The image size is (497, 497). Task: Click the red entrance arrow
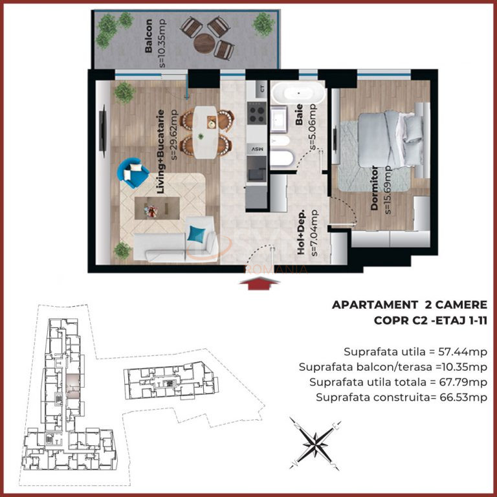point(260,283)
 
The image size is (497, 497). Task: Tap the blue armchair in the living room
point(133,173)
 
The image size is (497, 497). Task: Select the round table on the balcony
point(204,43)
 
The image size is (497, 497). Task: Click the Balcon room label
point(148,36)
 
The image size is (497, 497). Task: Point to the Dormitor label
point(374,188)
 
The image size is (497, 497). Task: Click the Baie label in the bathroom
point(299,115)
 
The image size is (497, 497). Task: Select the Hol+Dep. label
point(301,232)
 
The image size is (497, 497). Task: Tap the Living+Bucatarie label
point(160,151)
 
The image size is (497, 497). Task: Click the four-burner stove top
point(257,113)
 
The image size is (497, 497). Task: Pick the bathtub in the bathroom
point(298,93)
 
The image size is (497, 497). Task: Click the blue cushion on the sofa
point(196,234)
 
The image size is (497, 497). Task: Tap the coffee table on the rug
point(157,208)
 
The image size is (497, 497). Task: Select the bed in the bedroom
point(390,139)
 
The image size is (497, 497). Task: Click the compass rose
point(315,443)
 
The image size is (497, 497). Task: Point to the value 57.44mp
point(463,352)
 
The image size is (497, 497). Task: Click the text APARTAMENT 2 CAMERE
point(409,305)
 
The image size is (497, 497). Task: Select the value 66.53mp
point(463,397)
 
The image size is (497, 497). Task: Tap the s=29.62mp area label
point(174,135)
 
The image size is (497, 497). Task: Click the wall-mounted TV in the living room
point(102,131)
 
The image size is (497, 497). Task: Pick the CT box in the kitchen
point(262,89)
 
